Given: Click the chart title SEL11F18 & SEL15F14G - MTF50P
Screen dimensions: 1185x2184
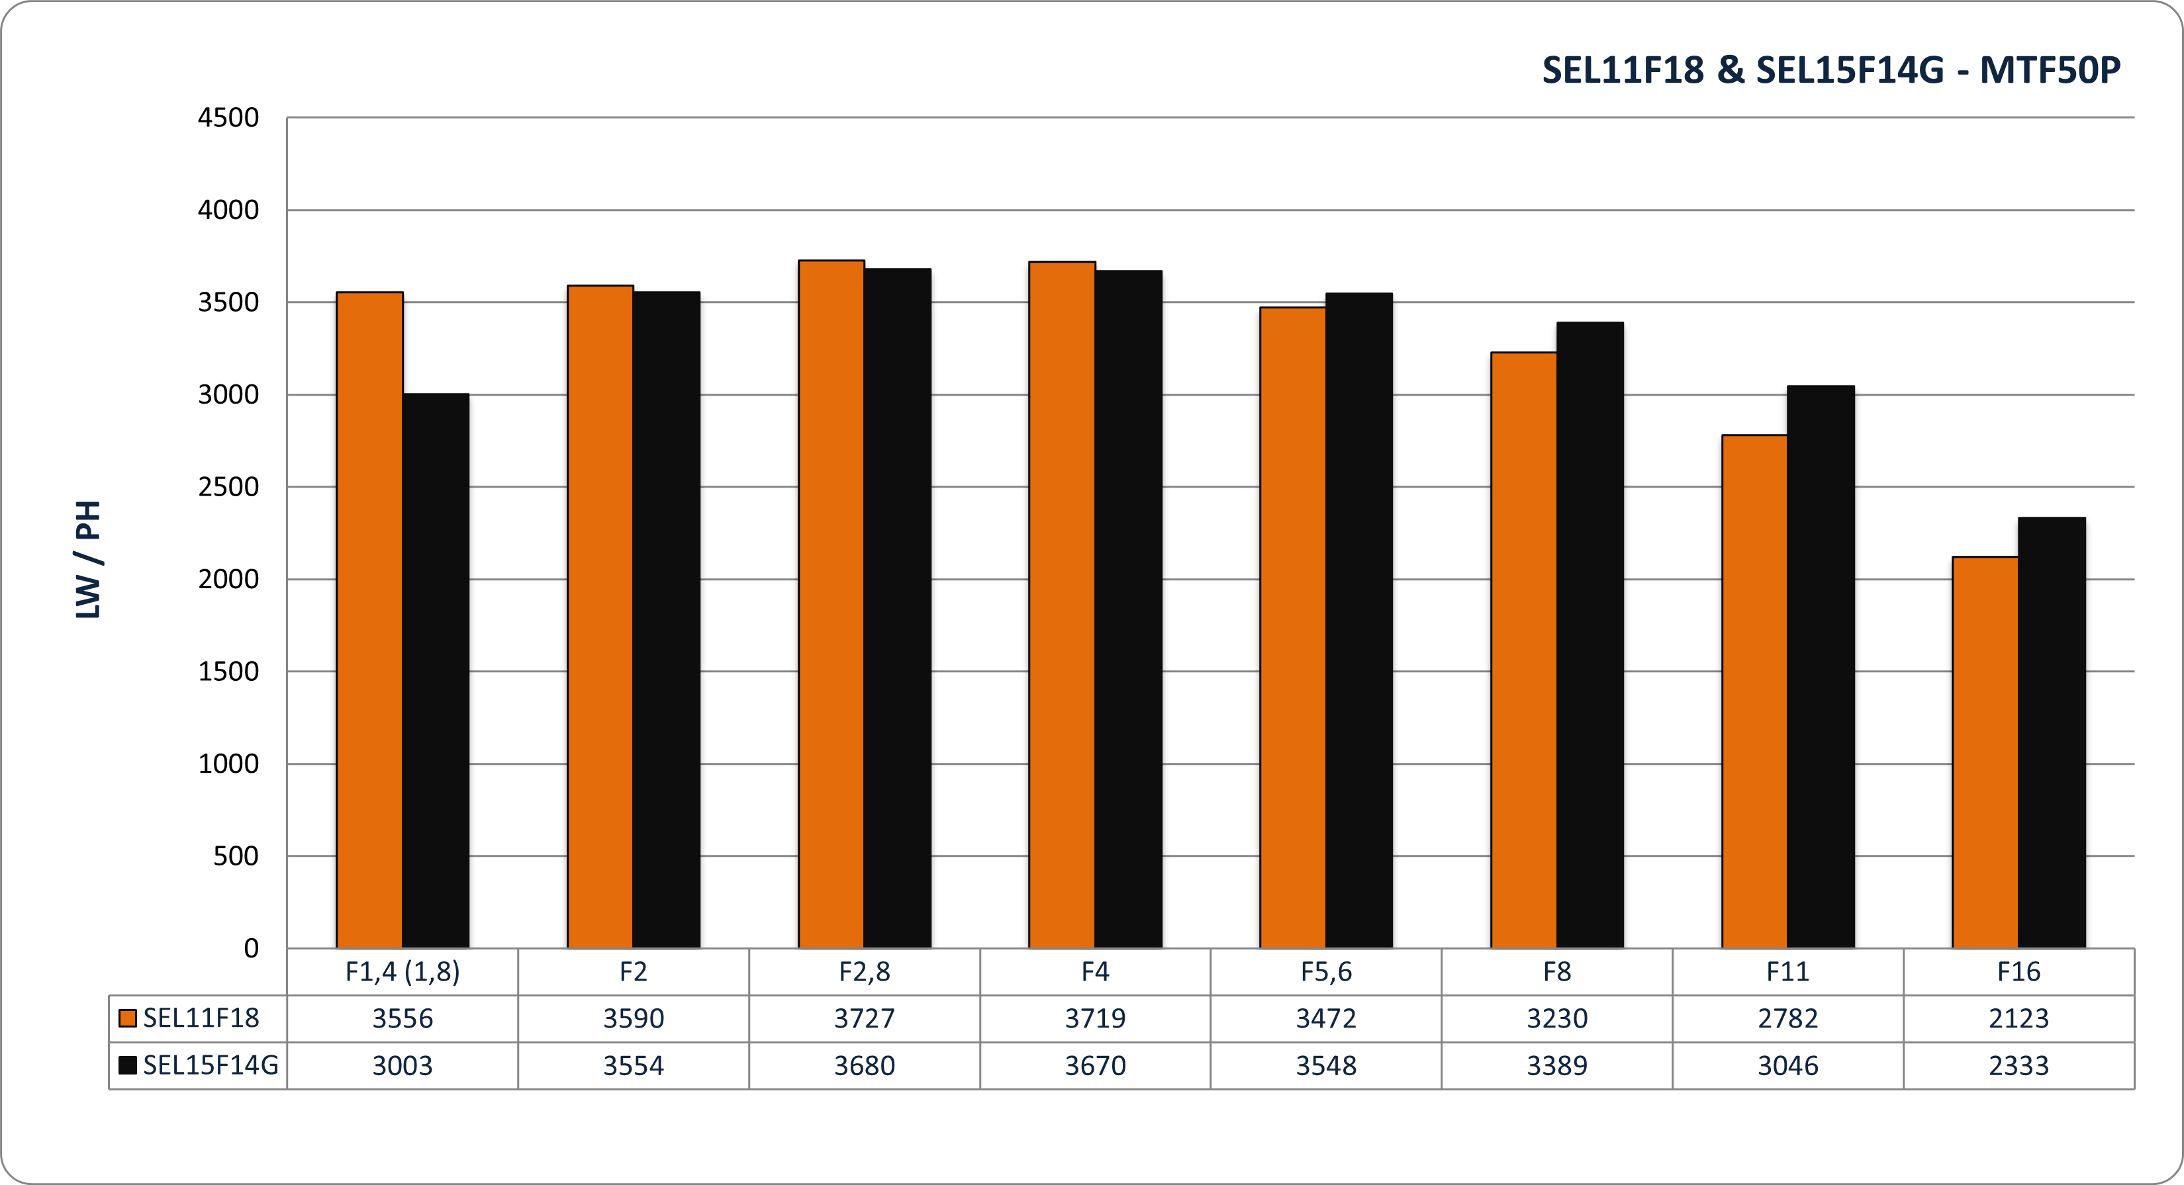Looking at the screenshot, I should click(x=1830, y=69).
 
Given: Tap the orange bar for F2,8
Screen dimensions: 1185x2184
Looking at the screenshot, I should click(x=831, y=603).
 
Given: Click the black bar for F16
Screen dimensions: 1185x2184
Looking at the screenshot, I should click(x=2051, y=732).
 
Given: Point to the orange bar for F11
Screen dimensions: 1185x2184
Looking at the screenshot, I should click(x=1754, y=691).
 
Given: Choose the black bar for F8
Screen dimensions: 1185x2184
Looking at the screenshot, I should click(x=1590, y=635).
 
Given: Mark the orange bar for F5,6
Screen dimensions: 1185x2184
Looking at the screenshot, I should click(x=1293, y=627).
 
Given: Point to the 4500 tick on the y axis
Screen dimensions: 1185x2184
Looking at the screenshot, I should click(x=228, y=118).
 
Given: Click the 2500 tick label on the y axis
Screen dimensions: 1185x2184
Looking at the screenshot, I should click(x=228, y=488).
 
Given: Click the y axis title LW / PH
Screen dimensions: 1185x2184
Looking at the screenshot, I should click(x=89, y=560).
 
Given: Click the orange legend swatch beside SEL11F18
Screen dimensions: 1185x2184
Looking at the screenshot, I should click(x=128, y=1018).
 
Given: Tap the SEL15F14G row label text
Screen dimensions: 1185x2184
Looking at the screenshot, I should click(x=211, y=1065).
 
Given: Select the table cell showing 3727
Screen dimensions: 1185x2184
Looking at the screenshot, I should click(x=864, y=1018).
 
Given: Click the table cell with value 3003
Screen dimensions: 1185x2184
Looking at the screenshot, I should click(x=403, y=1065).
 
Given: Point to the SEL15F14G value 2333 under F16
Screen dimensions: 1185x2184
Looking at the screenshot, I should click(x=2018, y=1065).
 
